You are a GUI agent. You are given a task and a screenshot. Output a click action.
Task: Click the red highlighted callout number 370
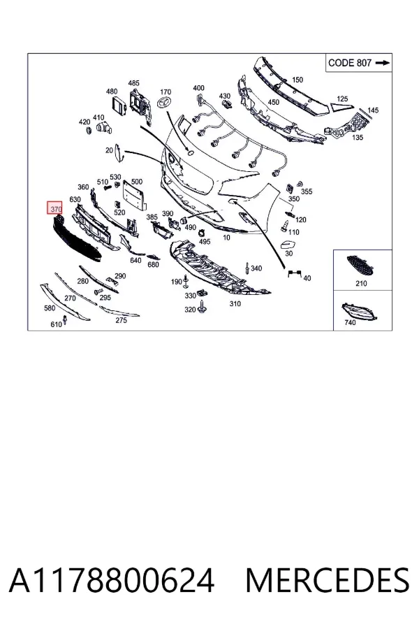pos(55,208)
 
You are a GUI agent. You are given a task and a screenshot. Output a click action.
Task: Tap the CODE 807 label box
pos(358,63)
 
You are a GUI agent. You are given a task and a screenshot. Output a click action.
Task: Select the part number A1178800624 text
pos(112,581)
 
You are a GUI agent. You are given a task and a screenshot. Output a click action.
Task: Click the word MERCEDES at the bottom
pos(328,581)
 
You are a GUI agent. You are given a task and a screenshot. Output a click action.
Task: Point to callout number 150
pos(297,80)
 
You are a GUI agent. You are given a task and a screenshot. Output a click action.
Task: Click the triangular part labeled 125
pos(342,106)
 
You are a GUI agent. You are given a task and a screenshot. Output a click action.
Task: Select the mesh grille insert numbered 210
pos(360,266)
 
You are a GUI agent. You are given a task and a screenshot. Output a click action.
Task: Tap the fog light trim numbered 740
pos(359,312)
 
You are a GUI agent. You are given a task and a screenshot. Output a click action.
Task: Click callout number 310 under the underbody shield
pos(235,304)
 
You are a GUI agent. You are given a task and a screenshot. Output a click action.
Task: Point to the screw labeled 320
pos(203,308)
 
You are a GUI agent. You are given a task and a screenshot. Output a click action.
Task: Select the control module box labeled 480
pos(120,103)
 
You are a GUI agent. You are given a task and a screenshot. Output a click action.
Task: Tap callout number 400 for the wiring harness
pos(198,88)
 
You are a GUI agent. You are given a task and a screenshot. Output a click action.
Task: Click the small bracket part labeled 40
pos(294,273)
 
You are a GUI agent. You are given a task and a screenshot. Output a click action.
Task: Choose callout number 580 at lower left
pos(50,308)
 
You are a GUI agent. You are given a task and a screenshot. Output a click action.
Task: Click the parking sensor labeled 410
pos(105,129)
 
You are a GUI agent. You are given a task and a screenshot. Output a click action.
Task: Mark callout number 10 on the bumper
pos(226,237)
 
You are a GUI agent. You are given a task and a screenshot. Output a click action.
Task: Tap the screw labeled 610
pos(66,321)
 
